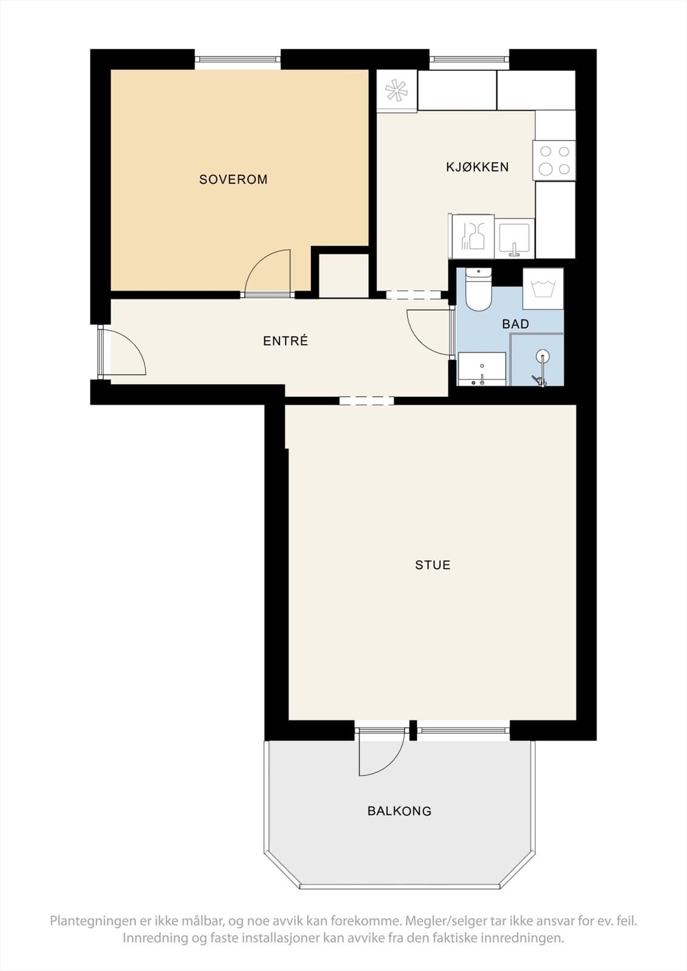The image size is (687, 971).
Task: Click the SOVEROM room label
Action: click(233, 180)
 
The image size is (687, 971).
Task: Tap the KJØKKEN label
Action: click(477, 167)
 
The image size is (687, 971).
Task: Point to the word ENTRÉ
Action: click(285, 340)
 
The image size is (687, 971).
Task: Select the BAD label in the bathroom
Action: click(516, 324)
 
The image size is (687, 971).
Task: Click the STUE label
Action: click(432, 565)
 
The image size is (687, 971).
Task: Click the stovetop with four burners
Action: click(554, 160)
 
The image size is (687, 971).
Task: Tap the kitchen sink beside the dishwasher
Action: click(514, 239)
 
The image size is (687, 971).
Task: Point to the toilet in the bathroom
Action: click(478, 289)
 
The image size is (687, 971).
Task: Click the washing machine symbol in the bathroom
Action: click(543, 289)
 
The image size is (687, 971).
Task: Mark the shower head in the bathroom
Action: click(542, 356)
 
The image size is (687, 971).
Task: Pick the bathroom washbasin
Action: click(482, 369)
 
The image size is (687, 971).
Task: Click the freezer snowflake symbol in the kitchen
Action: click(397, 90)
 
